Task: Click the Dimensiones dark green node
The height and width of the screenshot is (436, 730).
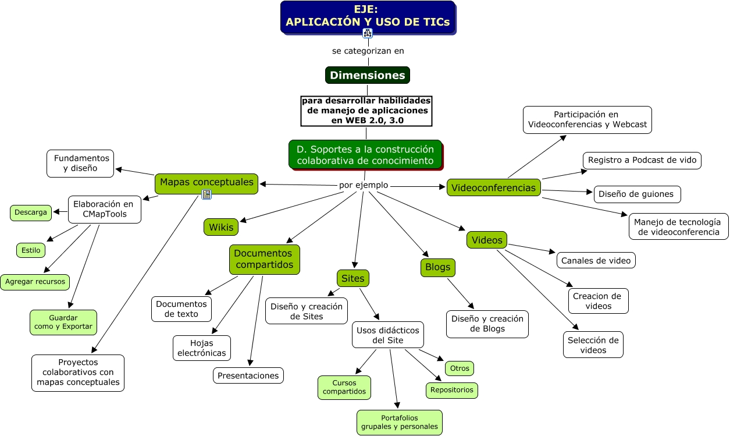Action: [367, 75]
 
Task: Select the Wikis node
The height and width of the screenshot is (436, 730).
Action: [221, 227]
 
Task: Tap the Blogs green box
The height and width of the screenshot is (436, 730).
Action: [437, 267]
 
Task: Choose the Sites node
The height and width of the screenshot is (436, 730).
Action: [352, 278]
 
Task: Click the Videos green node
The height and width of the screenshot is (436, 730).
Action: [487, 240]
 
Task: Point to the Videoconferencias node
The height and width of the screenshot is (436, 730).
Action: [493, 187]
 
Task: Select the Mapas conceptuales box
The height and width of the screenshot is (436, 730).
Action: [206, 182]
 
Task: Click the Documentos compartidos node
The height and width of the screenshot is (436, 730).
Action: [264, 259]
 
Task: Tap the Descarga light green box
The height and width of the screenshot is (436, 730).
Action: [31, 212]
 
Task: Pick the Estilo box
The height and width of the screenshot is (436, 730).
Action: [31, 250]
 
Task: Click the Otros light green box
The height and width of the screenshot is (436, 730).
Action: [460, 368]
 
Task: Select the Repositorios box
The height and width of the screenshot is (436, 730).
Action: [451, 390]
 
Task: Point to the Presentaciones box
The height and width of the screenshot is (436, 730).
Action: [248, 375]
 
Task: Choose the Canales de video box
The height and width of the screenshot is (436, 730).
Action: [596, 260]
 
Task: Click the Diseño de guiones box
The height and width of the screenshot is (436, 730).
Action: [636, 194]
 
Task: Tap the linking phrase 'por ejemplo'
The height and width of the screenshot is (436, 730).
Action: [364, 185]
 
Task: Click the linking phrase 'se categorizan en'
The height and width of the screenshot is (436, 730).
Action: [368, 51]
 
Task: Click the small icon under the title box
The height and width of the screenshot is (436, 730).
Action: [368, 33]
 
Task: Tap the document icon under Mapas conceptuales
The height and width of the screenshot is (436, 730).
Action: [206, 194]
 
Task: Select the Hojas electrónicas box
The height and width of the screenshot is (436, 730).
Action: [201, 348]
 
